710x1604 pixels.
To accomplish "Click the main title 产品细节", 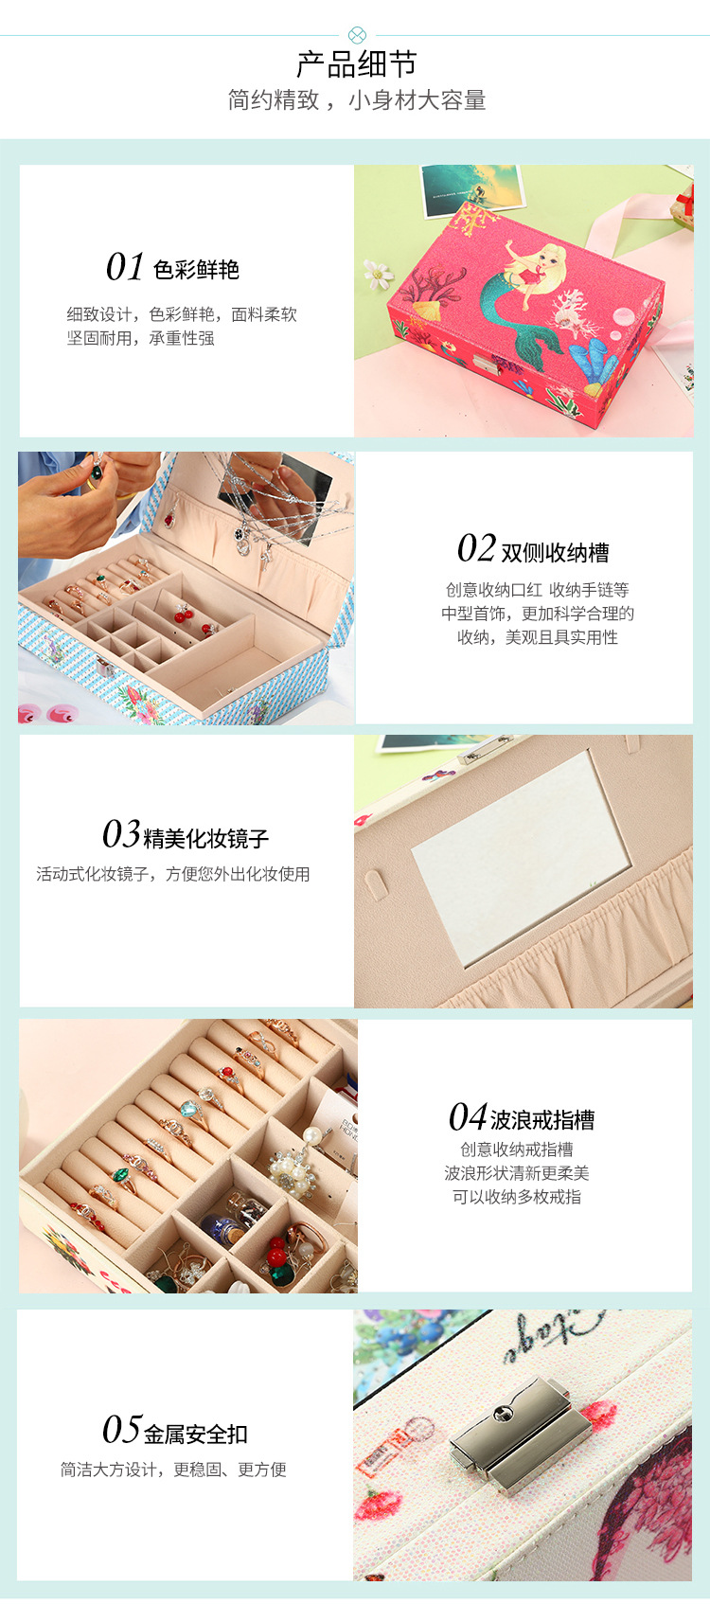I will pyautogui.click(x=356, y=64).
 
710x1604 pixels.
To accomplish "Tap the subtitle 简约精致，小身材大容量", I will pyautogui.click(x=356, y=100).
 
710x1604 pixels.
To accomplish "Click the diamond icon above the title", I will pyautogui.click(x=356, y=35).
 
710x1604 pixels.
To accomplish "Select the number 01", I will pyautogui.click(x=124, y=268).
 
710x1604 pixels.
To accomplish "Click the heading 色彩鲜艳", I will pyautogui.click(x=196, y=270).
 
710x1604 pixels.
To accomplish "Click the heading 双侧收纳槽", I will pyautogui.click(x=555, y=552).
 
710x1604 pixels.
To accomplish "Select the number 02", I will pyautogui.click(x=476, y=549).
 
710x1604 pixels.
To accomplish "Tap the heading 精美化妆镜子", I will pyautogui.click(x=205, y=838).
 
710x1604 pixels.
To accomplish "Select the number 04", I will pyautogui.click(x=468, y=1118).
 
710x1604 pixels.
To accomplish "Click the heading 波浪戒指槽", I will pyautogui.click(x=542, y=1120).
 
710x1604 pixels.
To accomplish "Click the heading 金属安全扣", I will pyautogui.click(x=195, y=1435).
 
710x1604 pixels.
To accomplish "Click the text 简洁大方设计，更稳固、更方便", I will pyautogui.click(x=173, y=1470).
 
